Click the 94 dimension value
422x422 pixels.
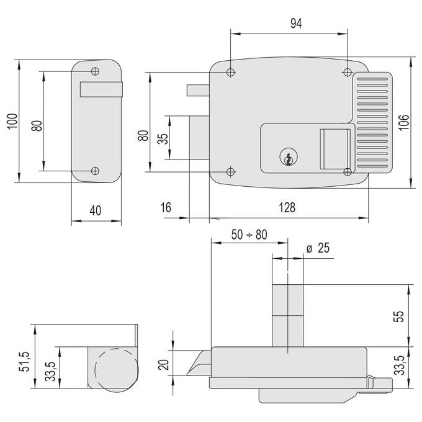tap(296, 24)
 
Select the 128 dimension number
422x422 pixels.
tap(287, 208)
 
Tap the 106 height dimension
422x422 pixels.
tap(403, 123)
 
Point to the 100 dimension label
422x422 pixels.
tap(12, 122)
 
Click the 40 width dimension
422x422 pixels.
tap(96, 210)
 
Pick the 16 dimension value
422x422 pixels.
tap(166, 207)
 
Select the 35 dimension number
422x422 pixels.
tap(163, 138)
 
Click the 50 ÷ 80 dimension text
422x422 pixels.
tap(249, 235)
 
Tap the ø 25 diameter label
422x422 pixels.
tap(318, 248)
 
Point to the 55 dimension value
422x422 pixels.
tap(399, 316)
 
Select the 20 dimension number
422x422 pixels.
tap(164, 365)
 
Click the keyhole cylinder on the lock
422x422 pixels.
tap(289, 158)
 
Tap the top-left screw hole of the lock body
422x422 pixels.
tap(230, 72)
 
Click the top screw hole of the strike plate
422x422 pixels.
tap(95, 71)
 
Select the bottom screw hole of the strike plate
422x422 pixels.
tap(95, 171)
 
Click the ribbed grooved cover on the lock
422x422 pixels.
tap(373, 122)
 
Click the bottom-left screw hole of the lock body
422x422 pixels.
tap(230, 171)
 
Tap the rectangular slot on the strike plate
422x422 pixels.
tap(101, 89)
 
